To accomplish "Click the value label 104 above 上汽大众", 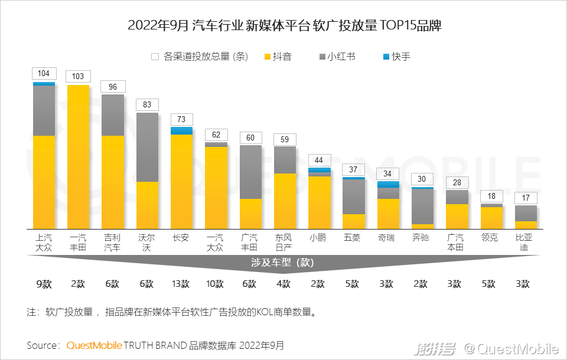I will pos(44,74).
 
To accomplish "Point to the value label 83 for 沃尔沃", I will pos(147,105).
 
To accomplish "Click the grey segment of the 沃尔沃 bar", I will pos(147,148).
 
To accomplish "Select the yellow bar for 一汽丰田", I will pos(79,156).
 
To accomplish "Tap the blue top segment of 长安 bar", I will pos(181,130).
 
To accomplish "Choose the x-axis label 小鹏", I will pos(319,238).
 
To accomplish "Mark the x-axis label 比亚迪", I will pos(526,243).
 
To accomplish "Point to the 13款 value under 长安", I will pos(181,284).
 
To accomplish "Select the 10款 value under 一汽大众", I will pos(216,284).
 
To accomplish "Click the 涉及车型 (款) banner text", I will pos(285,262).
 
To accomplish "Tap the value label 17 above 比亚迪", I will pos(526,198).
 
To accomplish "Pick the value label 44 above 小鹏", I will pos(319,161).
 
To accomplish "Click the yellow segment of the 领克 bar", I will pos(491,218).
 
